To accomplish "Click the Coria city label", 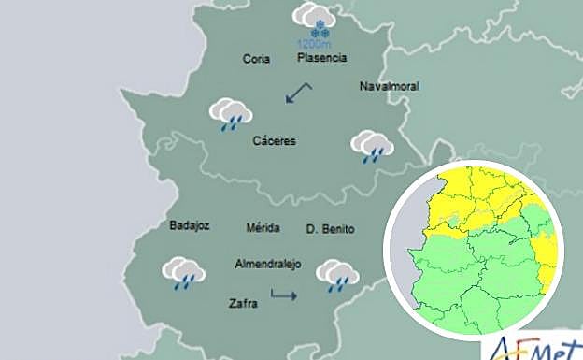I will click(256, 59).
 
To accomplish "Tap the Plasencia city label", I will click(321, 58).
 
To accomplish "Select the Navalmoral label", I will click(389, 87).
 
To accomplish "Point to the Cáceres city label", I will click(274, 141).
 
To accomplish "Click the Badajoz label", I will click(189, 225).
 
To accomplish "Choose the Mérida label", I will click(263, 228).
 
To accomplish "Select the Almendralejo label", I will click(268, 264).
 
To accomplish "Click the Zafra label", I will click(242, 303).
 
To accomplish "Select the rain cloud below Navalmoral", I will click(371, 147).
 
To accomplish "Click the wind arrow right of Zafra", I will click(283, 296).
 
